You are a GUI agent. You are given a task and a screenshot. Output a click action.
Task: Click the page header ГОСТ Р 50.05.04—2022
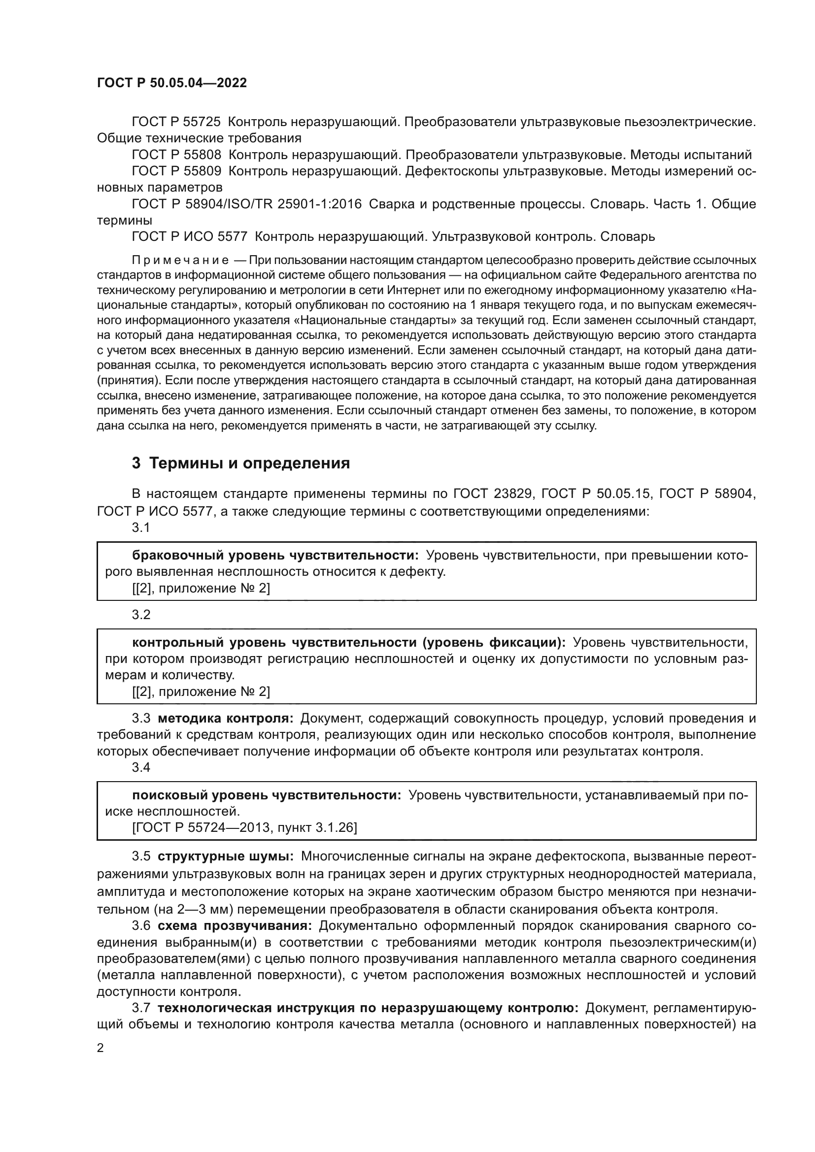pos(171,83)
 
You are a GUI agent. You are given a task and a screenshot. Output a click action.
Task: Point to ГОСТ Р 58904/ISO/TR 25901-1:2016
pos(246,204)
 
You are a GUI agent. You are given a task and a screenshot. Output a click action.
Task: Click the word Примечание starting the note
pos(180,261)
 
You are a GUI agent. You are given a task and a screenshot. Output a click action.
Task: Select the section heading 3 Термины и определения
pos(241,462)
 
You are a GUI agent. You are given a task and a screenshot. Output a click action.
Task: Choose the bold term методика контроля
pos(225,719)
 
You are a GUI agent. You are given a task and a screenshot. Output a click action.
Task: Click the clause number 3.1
pos(140,527)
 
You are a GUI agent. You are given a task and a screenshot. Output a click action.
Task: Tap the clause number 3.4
pos(141,767)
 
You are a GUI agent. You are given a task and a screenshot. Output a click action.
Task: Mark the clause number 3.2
pos(141,615)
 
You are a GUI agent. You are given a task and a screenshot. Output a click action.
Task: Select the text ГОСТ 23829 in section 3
pos(492,494)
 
